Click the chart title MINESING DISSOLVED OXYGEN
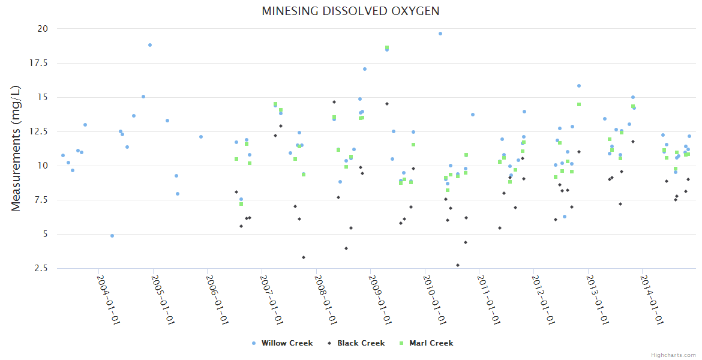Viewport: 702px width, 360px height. (350, 11)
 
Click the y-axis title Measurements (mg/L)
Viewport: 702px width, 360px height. (16, 148)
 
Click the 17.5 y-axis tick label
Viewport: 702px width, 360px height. (40, 63)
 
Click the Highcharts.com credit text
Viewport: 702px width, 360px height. (673, 355)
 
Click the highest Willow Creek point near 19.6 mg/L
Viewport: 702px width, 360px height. (440, 34)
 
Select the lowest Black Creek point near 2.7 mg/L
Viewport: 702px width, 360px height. (458, 265)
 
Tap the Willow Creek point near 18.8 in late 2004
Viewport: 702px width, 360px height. (150, 45)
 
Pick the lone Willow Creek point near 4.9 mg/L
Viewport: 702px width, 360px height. (112, 236)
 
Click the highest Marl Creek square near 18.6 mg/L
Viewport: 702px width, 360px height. (387, 47)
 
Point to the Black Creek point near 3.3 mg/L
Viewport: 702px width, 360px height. (304, 257)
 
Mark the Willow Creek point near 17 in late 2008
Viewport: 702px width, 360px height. (364, 69)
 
